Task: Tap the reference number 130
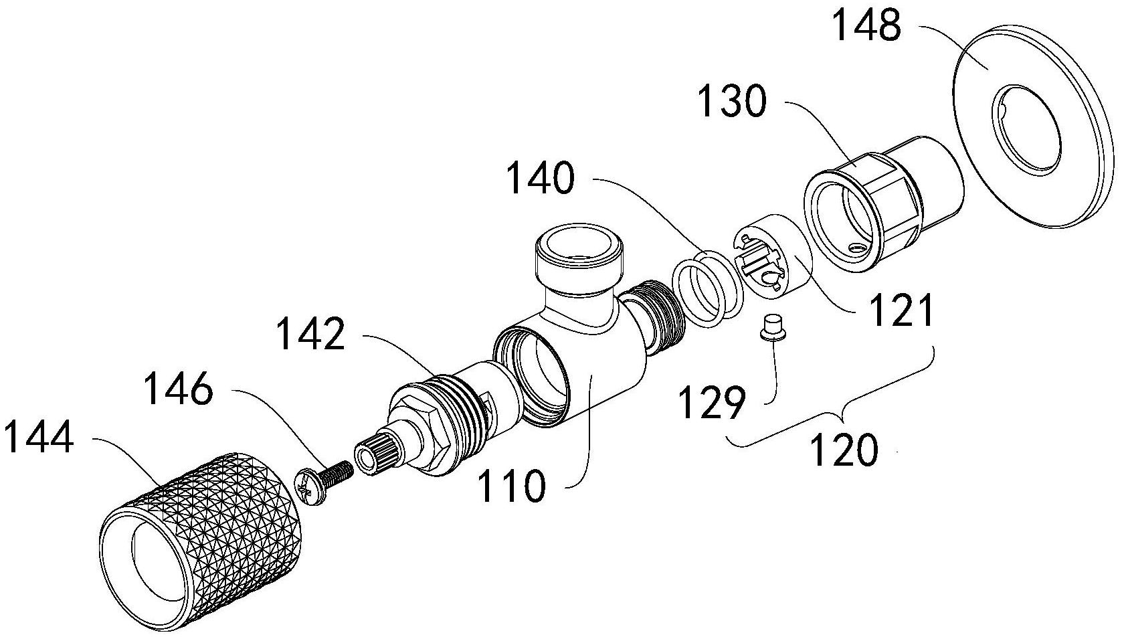point(733,101)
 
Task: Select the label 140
point(541,178)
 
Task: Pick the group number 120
point(844,450)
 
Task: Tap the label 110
point(511,486)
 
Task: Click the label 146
point(179,391)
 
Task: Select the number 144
point(39,436)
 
